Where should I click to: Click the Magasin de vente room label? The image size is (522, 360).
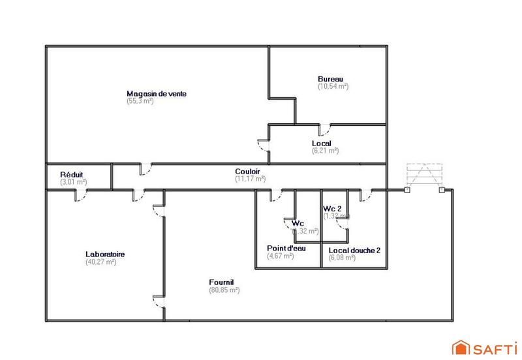[x=157, y=93]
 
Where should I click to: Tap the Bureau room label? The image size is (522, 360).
[x=330, y=78]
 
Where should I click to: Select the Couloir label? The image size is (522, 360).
[x=248, y=172]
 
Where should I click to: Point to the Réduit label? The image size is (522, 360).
[x=71, y=175]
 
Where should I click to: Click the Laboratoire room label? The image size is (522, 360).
[x=105, y=254]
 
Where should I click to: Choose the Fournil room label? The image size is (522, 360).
[x=222, y=282]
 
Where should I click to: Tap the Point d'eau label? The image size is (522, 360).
[x=284, y=248]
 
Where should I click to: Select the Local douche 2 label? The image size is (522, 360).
[x=354, y=250]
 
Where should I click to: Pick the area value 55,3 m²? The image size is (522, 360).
[x=140, y=101]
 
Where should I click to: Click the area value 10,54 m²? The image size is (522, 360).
[x=333, y=86]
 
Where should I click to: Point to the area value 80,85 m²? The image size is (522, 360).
[x=224, y=290]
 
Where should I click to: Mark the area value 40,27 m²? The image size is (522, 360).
[x=100, y=262]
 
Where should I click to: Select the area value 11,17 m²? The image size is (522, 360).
[x=251, y=179]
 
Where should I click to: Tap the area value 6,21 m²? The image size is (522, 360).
[x=325, y=151]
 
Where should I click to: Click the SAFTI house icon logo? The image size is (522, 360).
[x=461, y=347]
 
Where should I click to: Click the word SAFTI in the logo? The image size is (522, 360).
[x=493, y=348]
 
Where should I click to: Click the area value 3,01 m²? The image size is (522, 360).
[x=73, y=182]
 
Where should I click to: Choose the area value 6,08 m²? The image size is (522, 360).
[x=342, y=258]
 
